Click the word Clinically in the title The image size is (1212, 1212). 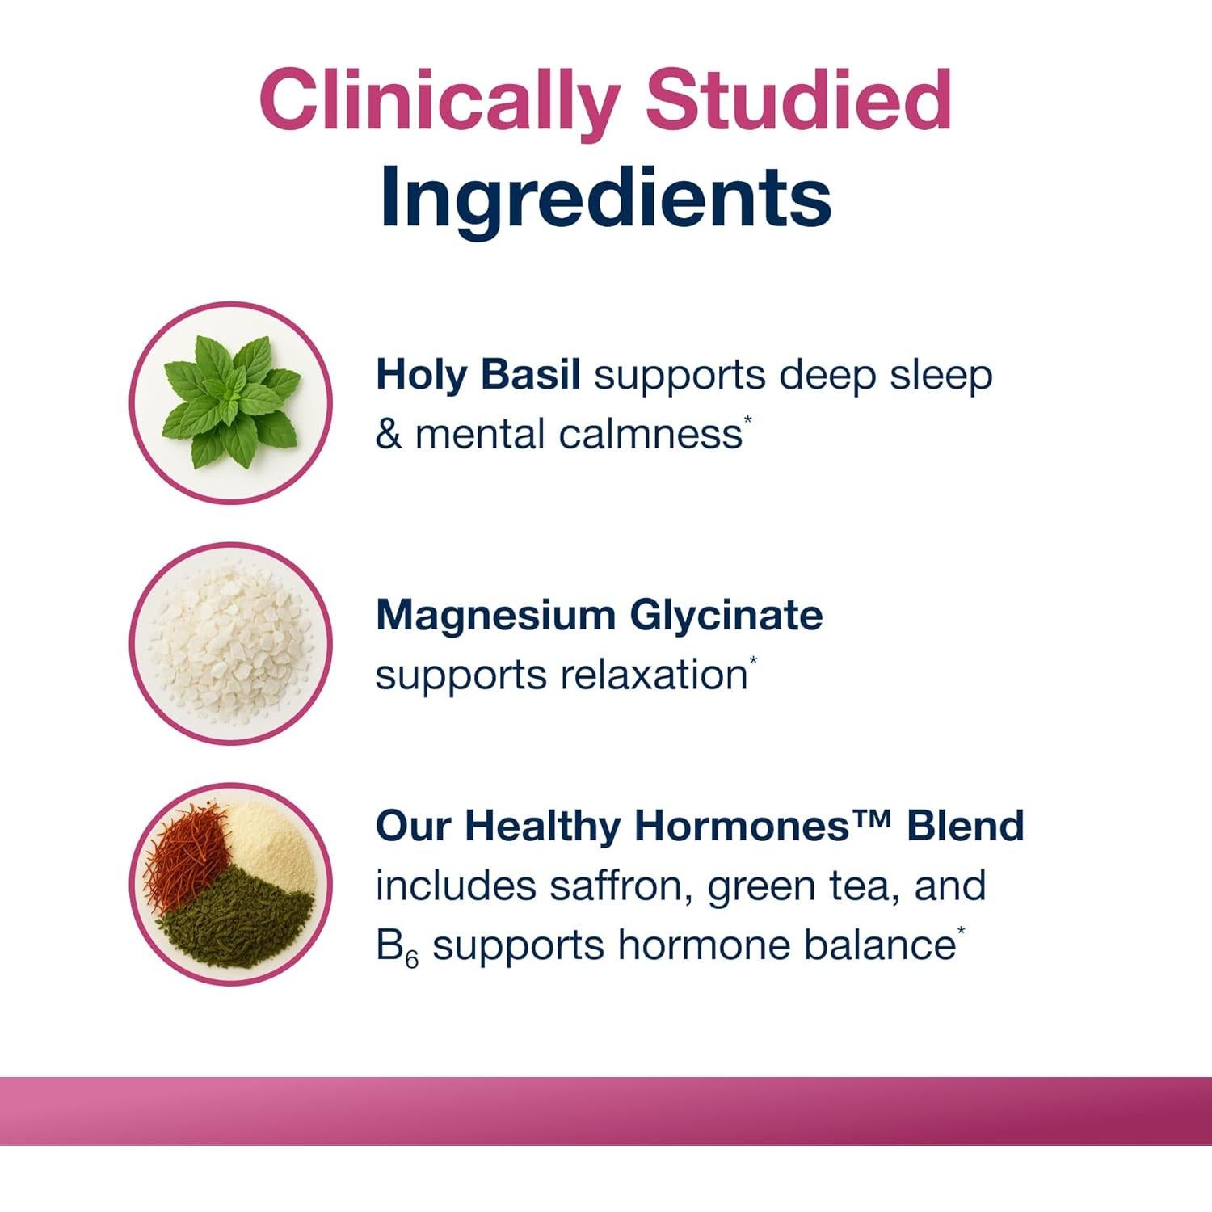click(440, 102)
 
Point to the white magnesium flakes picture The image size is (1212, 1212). click(231, 643)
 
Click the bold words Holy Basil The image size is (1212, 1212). click(478, 375)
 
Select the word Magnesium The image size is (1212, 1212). click(495, 616)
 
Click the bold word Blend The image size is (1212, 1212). click(965, 826)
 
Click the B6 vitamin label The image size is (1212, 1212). click(397, 947)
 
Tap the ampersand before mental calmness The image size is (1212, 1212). click(389, 435)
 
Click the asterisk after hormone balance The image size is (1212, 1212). click(962, 931)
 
